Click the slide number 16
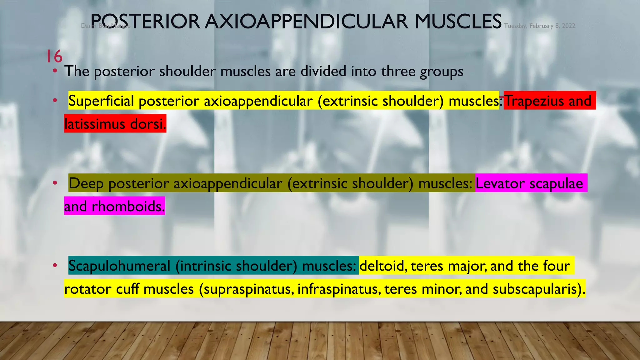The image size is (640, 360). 54,57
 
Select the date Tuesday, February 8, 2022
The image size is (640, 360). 539,26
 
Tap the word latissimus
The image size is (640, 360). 95,124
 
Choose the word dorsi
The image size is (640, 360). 147,124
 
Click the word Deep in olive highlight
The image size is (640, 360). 86,183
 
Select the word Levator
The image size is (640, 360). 500,183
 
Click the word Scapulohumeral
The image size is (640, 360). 119,266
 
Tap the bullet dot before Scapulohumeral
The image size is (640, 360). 55,266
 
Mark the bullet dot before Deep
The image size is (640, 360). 55,183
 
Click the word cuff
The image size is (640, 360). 127,289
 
